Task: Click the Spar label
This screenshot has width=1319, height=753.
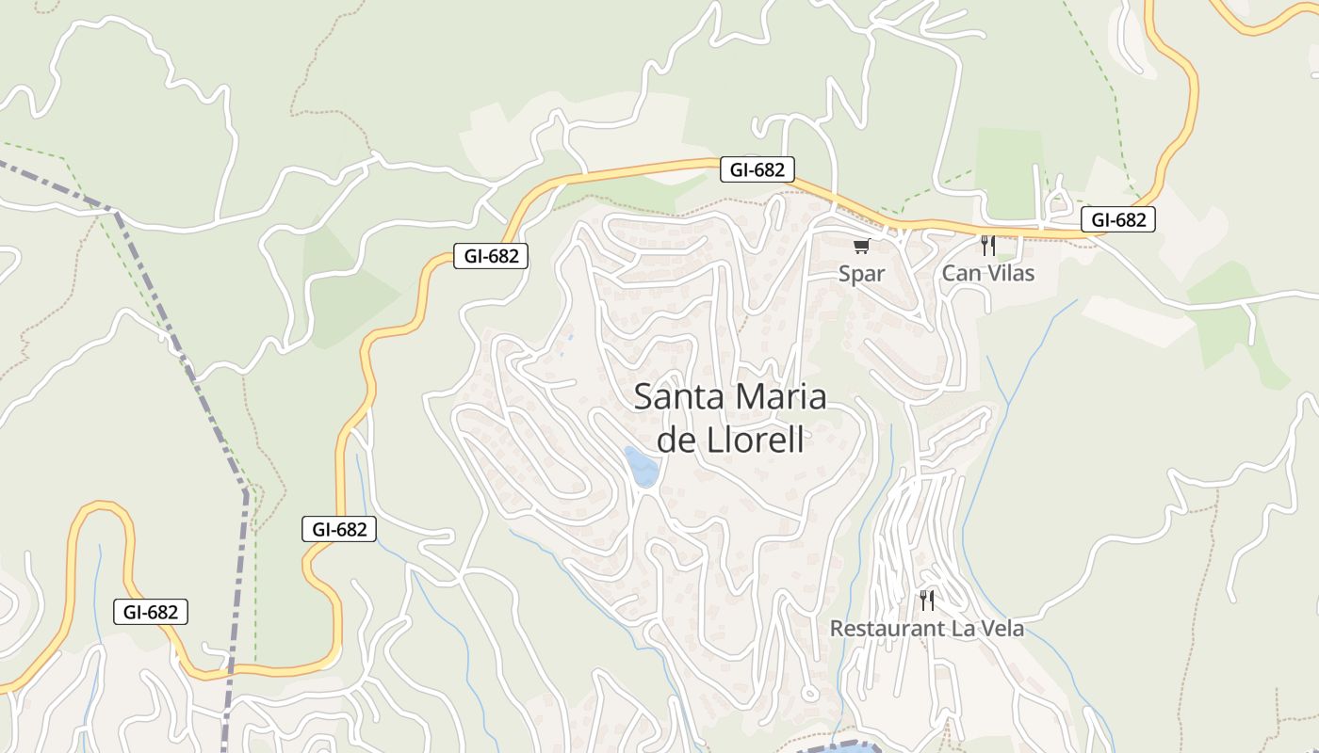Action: coord(862,274)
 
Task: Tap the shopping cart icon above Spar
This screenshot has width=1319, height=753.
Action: coord(861,247)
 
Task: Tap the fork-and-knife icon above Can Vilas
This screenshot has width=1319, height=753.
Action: coord(987,246)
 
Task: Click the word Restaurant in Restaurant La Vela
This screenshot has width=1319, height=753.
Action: coord(885,629)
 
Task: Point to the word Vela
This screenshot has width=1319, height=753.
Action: coord(1001,629)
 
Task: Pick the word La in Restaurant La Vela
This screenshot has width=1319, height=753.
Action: coord(957,629)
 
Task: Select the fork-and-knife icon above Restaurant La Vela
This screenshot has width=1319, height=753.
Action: coord(927,600)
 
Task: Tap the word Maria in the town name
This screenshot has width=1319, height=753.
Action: coord(781,397)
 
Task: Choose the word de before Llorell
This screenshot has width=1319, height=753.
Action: coord(675,440)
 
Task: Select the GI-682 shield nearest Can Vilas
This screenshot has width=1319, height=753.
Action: coord(1117,220)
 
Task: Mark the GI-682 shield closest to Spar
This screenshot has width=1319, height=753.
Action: coord(757,170)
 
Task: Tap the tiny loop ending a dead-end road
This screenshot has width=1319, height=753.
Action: coord(809,694)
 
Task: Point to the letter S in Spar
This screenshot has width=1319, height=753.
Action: coord(846,274)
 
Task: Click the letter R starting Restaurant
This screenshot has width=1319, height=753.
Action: coord(837,629)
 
